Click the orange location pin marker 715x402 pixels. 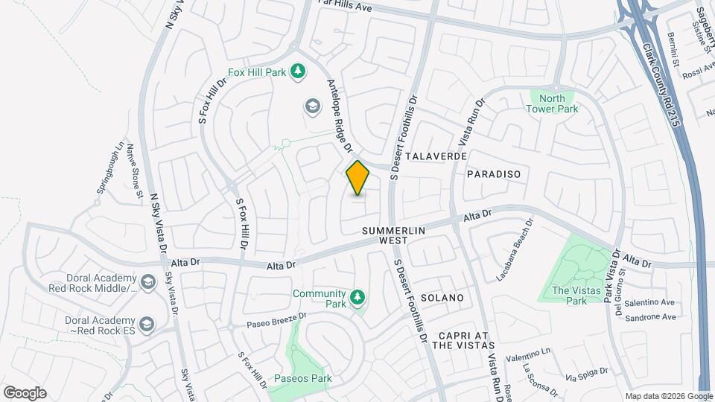(x=357, y=178)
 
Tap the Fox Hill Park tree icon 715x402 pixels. (x=298, y=71)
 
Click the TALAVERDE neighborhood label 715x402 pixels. (x=437, y=157)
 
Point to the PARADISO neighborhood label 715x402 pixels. (x=492, y=173)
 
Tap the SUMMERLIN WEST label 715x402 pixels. (x=393, y=235)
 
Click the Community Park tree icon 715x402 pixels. (x=358, y=297)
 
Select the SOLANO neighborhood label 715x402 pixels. (x=442, y=298)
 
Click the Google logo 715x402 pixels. (x=24, y=392)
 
